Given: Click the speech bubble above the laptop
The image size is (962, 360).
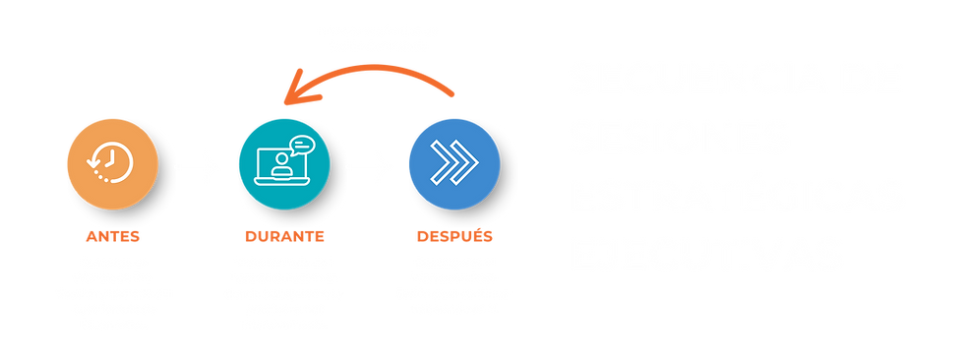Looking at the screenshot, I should [x=299, y=146].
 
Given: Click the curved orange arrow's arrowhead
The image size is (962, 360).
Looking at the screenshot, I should [x=287, y=96].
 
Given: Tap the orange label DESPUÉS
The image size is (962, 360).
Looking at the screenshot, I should [x=454, y=236].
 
